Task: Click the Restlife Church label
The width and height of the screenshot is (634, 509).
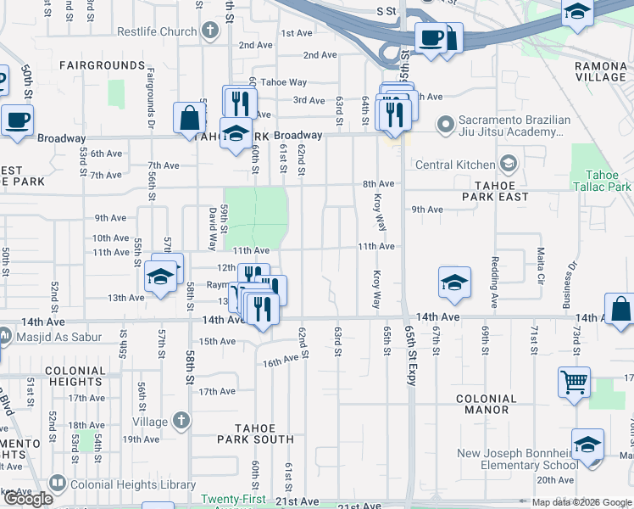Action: coord(157,32)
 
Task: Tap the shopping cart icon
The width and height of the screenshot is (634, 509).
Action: coord(574,382)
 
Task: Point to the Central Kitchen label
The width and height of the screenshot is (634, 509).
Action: coord(456,164)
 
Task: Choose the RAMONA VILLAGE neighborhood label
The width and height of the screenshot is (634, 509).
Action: coord(599,71)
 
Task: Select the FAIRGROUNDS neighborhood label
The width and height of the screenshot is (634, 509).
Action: coord(102,65)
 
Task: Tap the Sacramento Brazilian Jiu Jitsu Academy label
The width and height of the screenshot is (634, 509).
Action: coord(506,126)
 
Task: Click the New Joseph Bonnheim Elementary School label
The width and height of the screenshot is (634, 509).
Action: coord(518,459)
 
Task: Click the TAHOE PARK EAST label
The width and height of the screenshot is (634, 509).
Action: coord(496,191)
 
